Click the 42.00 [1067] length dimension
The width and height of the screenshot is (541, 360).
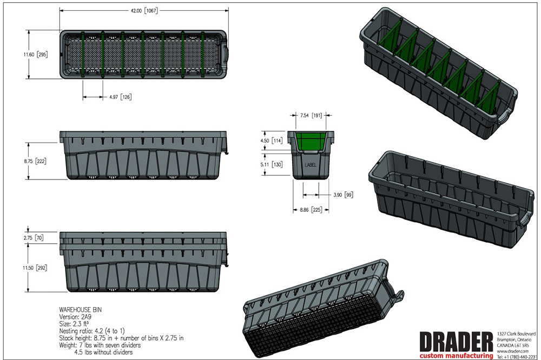144,11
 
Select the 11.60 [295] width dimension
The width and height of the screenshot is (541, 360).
36,55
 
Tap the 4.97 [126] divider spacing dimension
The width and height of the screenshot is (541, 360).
121,97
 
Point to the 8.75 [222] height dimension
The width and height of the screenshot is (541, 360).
36,161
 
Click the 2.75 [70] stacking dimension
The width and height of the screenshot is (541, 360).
34,238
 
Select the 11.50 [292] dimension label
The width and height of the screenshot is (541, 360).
35,268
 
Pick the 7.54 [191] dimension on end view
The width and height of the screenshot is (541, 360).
311,115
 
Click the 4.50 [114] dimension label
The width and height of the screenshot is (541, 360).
272,141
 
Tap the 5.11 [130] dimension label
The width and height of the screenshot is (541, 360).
272,164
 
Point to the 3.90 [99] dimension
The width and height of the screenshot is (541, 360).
343,195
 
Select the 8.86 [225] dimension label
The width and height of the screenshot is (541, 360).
311,210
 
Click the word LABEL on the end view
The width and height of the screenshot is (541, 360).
311,165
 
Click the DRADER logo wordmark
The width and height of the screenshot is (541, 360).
456,342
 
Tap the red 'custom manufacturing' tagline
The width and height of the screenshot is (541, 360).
456,356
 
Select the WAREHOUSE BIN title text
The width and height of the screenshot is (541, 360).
81,310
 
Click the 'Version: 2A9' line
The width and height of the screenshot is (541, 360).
75,317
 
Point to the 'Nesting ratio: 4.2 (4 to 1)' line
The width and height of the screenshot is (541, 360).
92,331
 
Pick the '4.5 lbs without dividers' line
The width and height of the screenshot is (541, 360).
103,352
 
